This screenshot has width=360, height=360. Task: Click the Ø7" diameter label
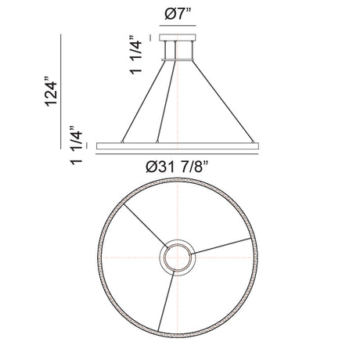tap(178, 15)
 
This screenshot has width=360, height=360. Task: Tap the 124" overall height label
tap(51, 92)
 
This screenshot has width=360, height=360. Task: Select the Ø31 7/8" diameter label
tap(178, 167)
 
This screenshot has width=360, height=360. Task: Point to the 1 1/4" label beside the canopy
tap(136, 56)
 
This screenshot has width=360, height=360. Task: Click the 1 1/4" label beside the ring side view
tap(76, 145)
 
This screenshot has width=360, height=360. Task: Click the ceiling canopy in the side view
tap(178, 38)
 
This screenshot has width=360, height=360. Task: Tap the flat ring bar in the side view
tap(178, 146)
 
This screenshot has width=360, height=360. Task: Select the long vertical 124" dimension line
tap(61, 92)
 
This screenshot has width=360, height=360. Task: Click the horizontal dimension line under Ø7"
tap(178, 26)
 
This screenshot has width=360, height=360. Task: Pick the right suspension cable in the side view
tap(223, 101)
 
